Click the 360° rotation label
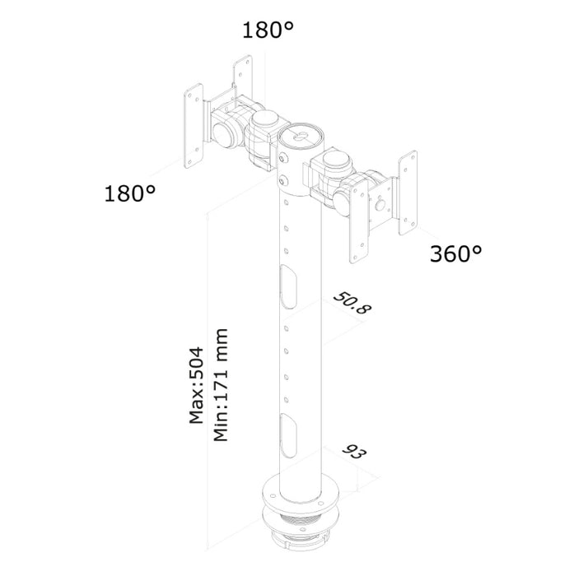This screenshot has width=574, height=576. click(x=455, y=253)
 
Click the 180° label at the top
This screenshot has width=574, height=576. click(x=268, y=30)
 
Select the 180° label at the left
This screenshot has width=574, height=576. click(x=130, y=193)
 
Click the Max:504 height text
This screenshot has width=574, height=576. click(x=196, y=385)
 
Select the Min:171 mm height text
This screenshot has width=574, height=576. click(x=221, y=385)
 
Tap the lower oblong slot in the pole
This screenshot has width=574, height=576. click(x=289, y=435)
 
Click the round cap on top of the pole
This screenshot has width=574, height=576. click(x=301, y=135)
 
